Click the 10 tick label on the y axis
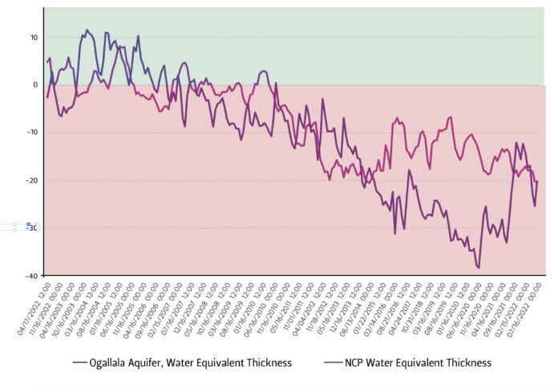coord(33,37)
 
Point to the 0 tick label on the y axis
coord(34,84)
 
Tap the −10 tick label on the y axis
coord(31,132)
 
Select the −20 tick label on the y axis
coord(31,180)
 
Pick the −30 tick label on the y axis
coord(31,228)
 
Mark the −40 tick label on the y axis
coord(31,275)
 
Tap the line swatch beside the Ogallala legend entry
coord(80,363)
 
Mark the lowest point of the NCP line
coord(479,267)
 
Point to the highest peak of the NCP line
coord(87,30)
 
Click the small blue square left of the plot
coord(28,224)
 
